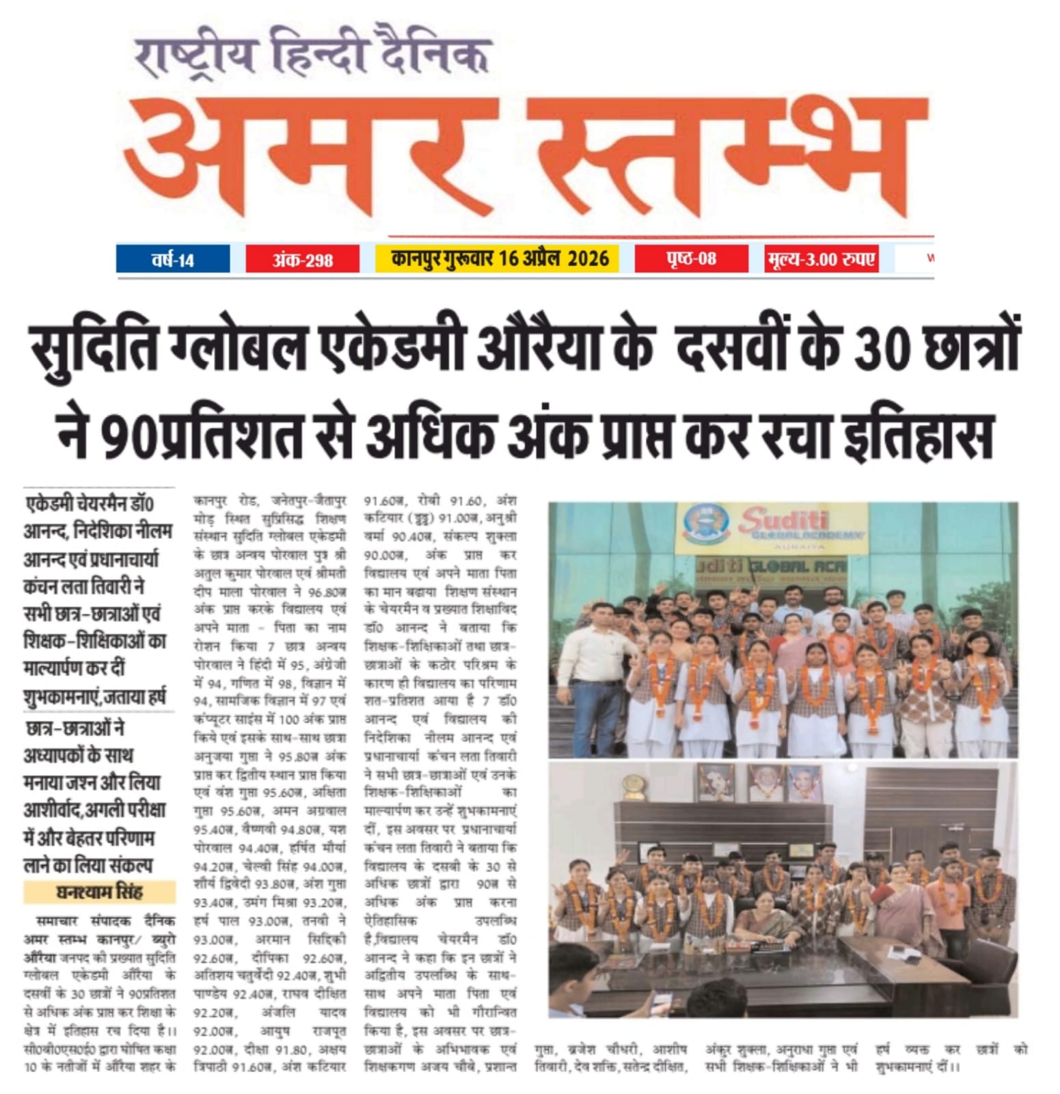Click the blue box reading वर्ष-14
pos(173,260)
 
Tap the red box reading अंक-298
pos(302,260)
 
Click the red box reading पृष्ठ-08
pos(691,258)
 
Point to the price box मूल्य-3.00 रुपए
pos(821,259)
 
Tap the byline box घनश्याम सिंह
pos(100,892)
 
